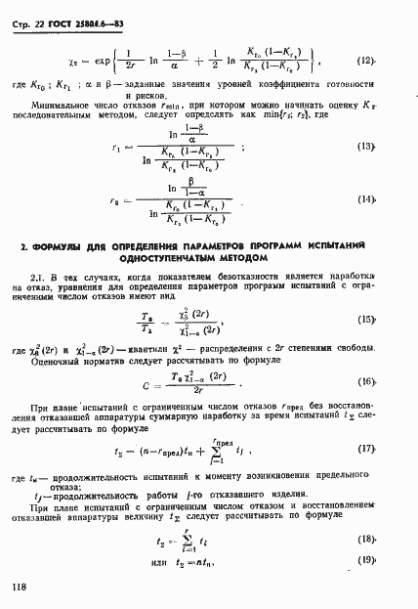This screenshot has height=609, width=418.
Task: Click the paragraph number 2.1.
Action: click(x=40, y=279)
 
